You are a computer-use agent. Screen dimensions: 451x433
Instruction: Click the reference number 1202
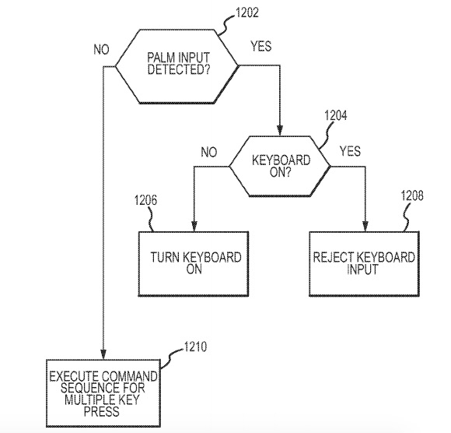tap(246, 13)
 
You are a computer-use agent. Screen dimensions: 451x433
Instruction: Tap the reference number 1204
tap(336, 115)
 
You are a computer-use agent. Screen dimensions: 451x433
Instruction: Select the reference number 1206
tap(146, 200)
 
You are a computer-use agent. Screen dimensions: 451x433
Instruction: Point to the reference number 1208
tap(412, 195)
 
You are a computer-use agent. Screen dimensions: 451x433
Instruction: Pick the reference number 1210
tap(195, 347)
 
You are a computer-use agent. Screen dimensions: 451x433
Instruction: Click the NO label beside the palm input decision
tap(102, 50)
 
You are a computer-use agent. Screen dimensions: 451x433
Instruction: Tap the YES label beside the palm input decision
tap(260, 46)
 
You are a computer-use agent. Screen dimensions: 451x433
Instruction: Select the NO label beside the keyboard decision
tap(209, 152)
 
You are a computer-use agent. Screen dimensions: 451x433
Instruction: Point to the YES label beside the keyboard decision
tap(350, 151)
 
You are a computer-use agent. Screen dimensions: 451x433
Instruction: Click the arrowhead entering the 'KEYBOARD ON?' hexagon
tap(280, 131)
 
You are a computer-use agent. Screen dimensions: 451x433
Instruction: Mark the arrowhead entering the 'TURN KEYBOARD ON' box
tap(194, 226)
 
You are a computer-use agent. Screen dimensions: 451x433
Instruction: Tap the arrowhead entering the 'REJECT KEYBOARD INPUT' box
tap(365, 226)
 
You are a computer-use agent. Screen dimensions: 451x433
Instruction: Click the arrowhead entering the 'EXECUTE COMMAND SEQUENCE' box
tap(103, 354)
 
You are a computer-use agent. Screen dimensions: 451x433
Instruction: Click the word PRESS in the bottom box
tap(102, 411)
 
